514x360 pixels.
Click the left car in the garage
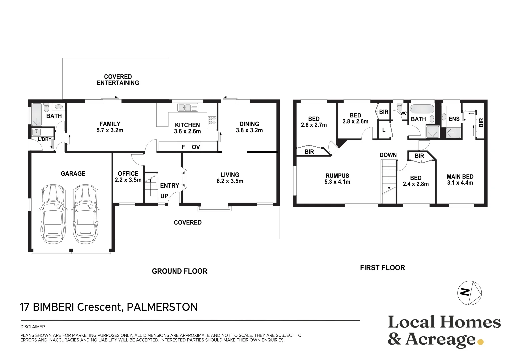(53, 214)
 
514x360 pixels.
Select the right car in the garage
(85, 214)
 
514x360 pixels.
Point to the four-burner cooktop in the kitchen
(212, 120)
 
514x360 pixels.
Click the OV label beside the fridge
(196, 147)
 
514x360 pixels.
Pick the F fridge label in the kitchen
(183, 147)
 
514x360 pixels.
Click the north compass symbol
(469, 293)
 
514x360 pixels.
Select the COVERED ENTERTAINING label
(118, 80)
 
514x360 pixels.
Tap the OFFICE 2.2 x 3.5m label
(128, 177)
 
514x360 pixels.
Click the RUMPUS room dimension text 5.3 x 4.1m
(337, 182)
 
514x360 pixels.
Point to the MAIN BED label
(460, 177)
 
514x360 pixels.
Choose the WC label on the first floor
(403, 113)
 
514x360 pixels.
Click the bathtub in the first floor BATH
(422, 109)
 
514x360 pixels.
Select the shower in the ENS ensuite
(453, 133)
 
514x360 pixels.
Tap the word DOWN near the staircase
(388, 155)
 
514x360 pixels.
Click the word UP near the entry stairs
(164, 196)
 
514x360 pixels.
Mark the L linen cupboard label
(384, 130)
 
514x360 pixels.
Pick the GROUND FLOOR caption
(179, 271)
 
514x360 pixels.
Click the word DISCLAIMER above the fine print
(33, 327)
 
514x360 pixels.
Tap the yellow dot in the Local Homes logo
(480, 342)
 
